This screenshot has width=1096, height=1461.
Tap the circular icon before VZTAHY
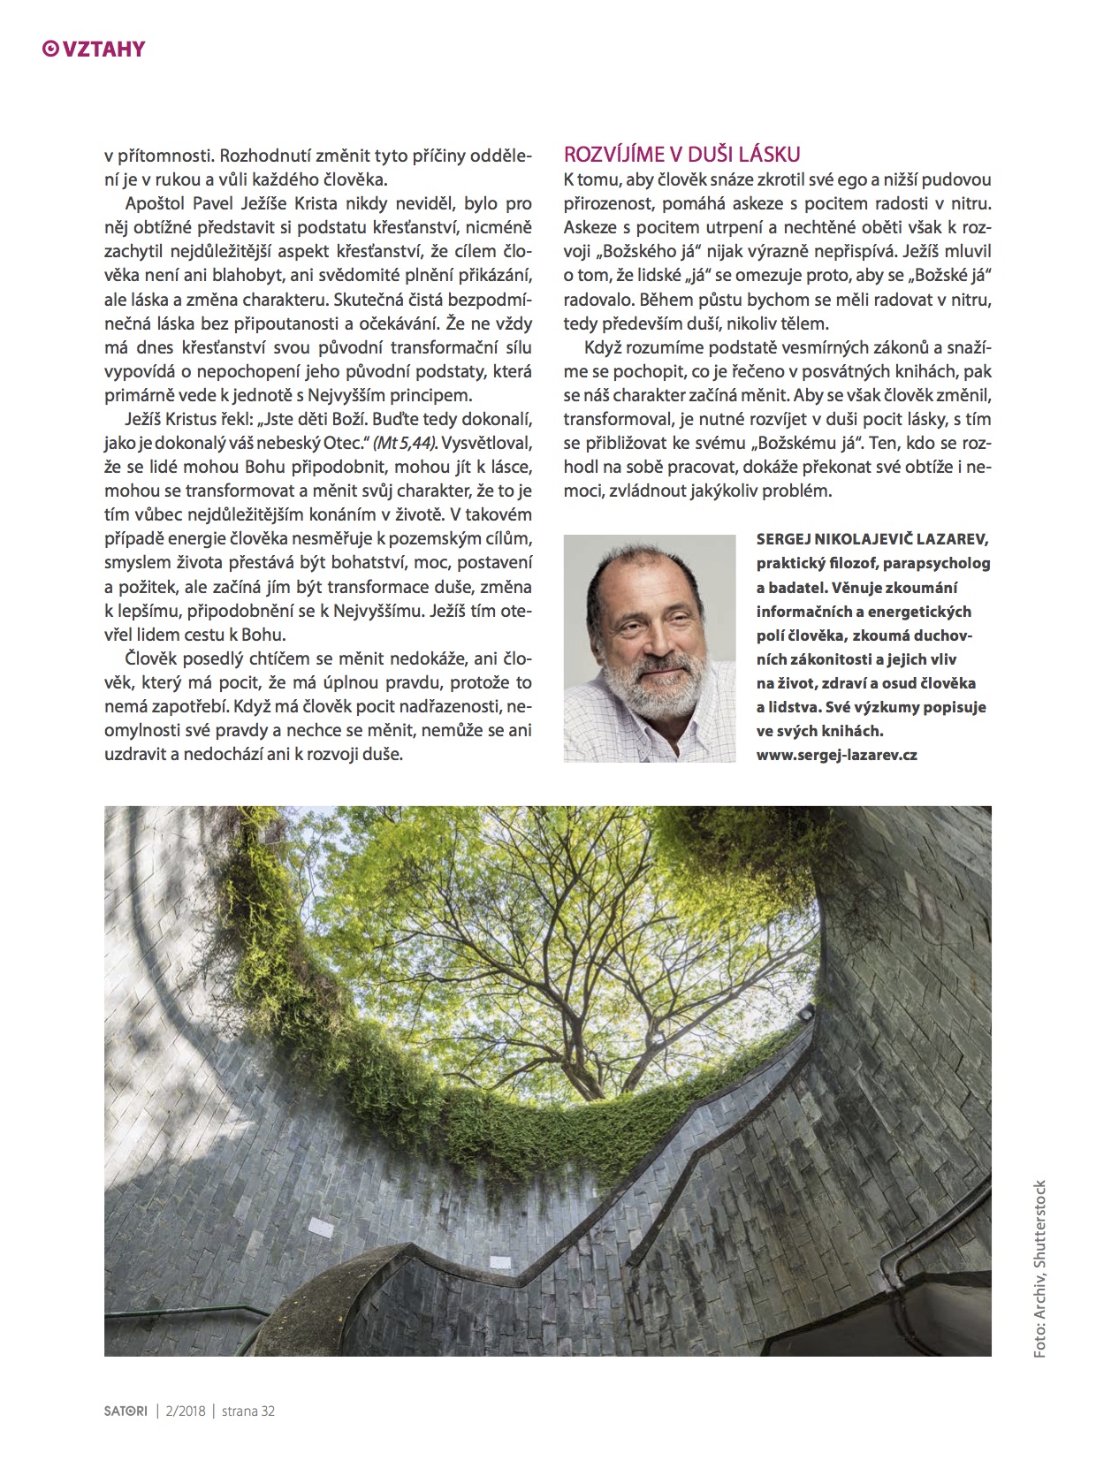tap(50, 49)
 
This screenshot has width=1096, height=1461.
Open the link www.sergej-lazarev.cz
tap(836, 755)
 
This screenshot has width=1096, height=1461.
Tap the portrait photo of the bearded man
tap(650, 647)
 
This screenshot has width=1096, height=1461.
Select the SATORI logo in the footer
tap(126, 1412)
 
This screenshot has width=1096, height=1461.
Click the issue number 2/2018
tap(186, 1412)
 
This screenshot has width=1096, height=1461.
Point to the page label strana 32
tap(247, 1412)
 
